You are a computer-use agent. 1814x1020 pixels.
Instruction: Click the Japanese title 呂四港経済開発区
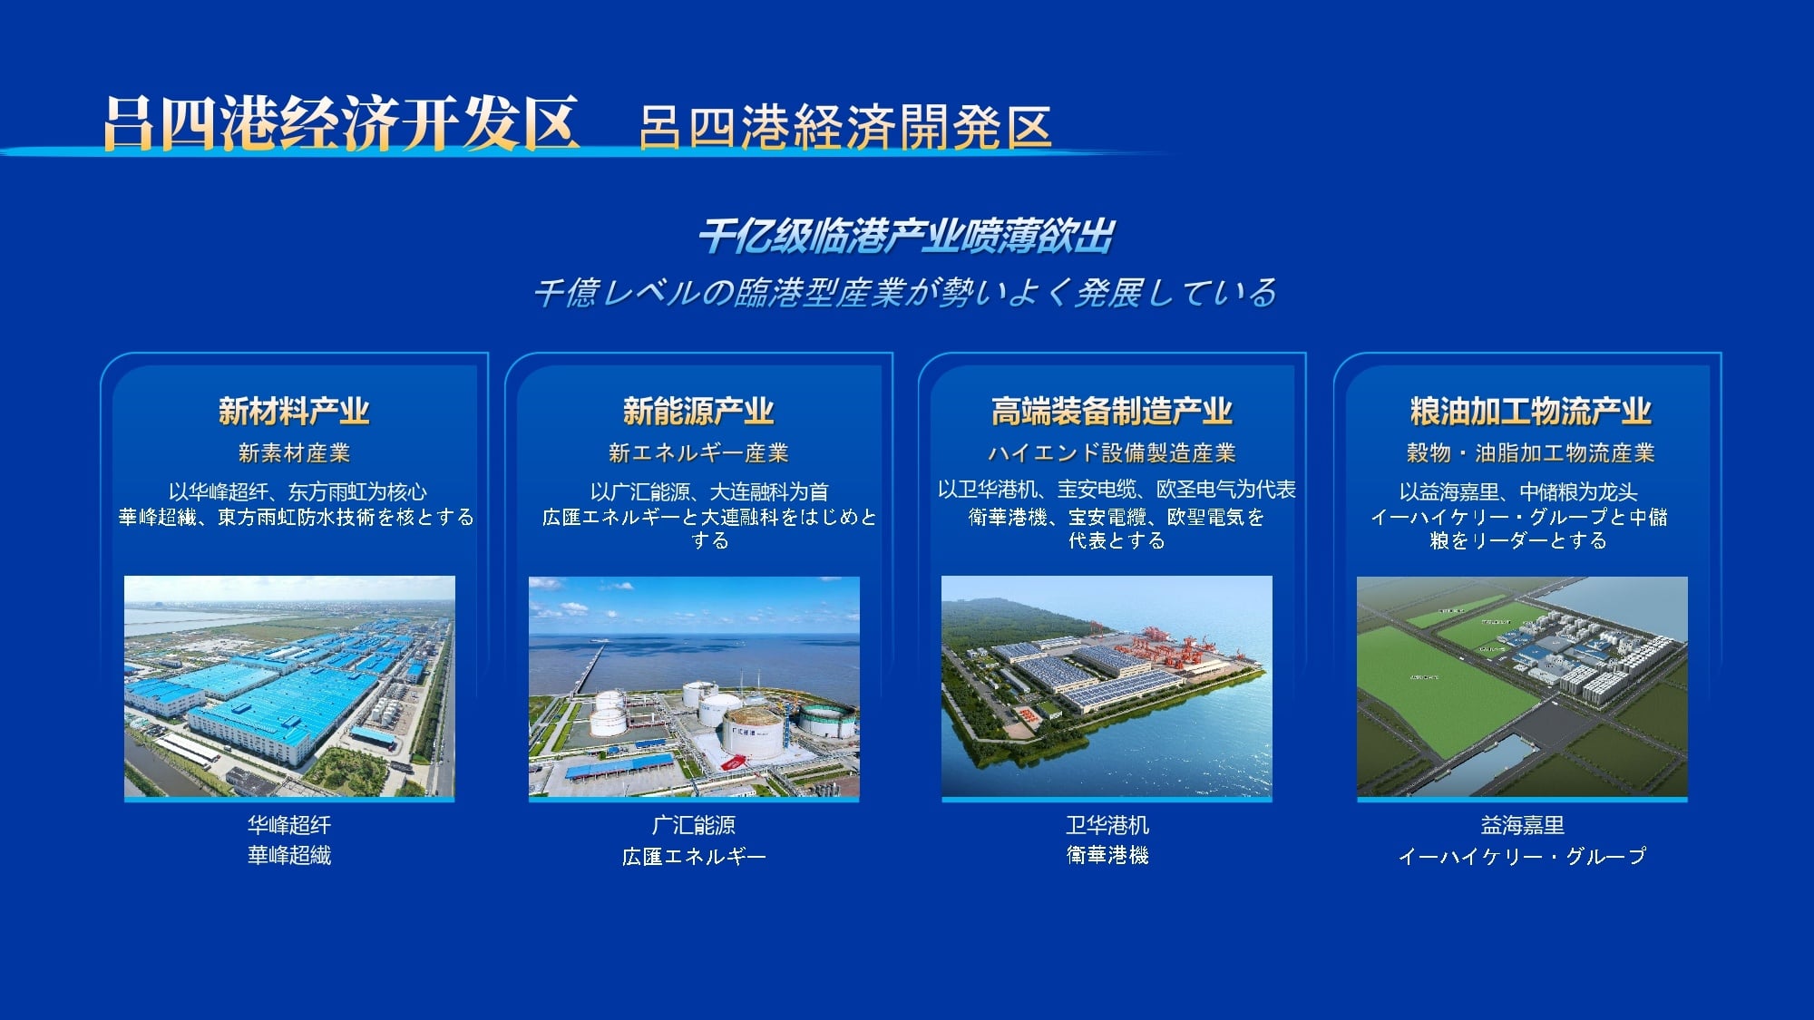845,126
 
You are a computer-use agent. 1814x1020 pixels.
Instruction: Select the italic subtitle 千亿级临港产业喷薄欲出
906,237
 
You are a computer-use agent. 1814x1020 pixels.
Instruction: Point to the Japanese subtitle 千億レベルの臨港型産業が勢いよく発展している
905,292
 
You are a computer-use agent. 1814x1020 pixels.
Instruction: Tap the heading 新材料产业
294,412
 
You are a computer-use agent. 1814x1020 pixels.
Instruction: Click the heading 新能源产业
698,412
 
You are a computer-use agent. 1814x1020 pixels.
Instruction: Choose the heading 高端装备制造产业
1112,412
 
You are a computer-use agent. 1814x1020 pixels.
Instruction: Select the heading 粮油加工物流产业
1531,412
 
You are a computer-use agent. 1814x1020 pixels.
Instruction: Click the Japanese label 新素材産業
294,452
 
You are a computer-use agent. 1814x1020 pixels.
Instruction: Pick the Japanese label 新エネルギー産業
698,452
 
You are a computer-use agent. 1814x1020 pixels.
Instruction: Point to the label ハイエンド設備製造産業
1112,452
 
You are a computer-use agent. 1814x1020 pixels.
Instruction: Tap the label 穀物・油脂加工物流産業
1531,452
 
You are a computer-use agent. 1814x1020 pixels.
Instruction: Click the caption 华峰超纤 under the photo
289,825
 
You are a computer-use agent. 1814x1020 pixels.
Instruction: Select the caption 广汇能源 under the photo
694,825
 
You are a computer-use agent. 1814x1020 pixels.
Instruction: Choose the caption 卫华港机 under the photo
1107,825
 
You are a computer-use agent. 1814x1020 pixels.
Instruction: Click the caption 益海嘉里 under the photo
1522,825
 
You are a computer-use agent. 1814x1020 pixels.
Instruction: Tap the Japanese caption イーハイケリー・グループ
1522,856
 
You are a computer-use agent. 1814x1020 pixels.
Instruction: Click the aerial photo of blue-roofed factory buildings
289,687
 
